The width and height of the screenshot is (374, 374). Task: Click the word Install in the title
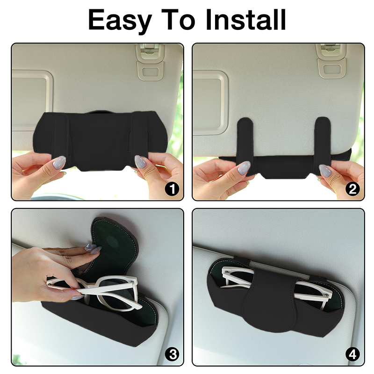[246, 20]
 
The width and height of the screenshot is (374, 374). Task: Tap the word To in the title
[179, 20]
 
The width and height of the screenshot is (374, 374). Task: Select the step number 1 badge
[172, 189]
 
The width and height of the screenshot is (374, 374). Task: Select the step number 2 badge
[352, 189]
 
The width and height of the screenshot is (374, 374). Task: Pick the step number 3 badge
[172, 354]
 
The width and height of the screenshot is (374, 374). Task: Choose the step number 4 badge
[352, 354]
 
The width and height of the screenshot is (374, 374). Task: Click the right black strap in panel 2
[323, 141]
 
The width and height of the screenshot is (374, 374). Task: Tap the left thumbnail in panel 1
[59, 163]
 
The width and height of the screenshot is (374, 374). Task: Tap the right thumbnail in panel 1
[141, 162]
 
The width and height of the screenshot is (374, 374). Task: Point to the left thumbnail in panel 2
[244, 168]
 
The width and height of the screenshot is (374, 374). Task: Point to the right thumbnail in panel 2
[325, 171]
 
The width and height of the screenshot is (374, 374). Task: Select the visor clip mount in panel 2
[331, 62]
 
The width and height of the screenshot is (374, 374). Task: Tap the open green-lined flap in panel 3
[114, 246]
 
